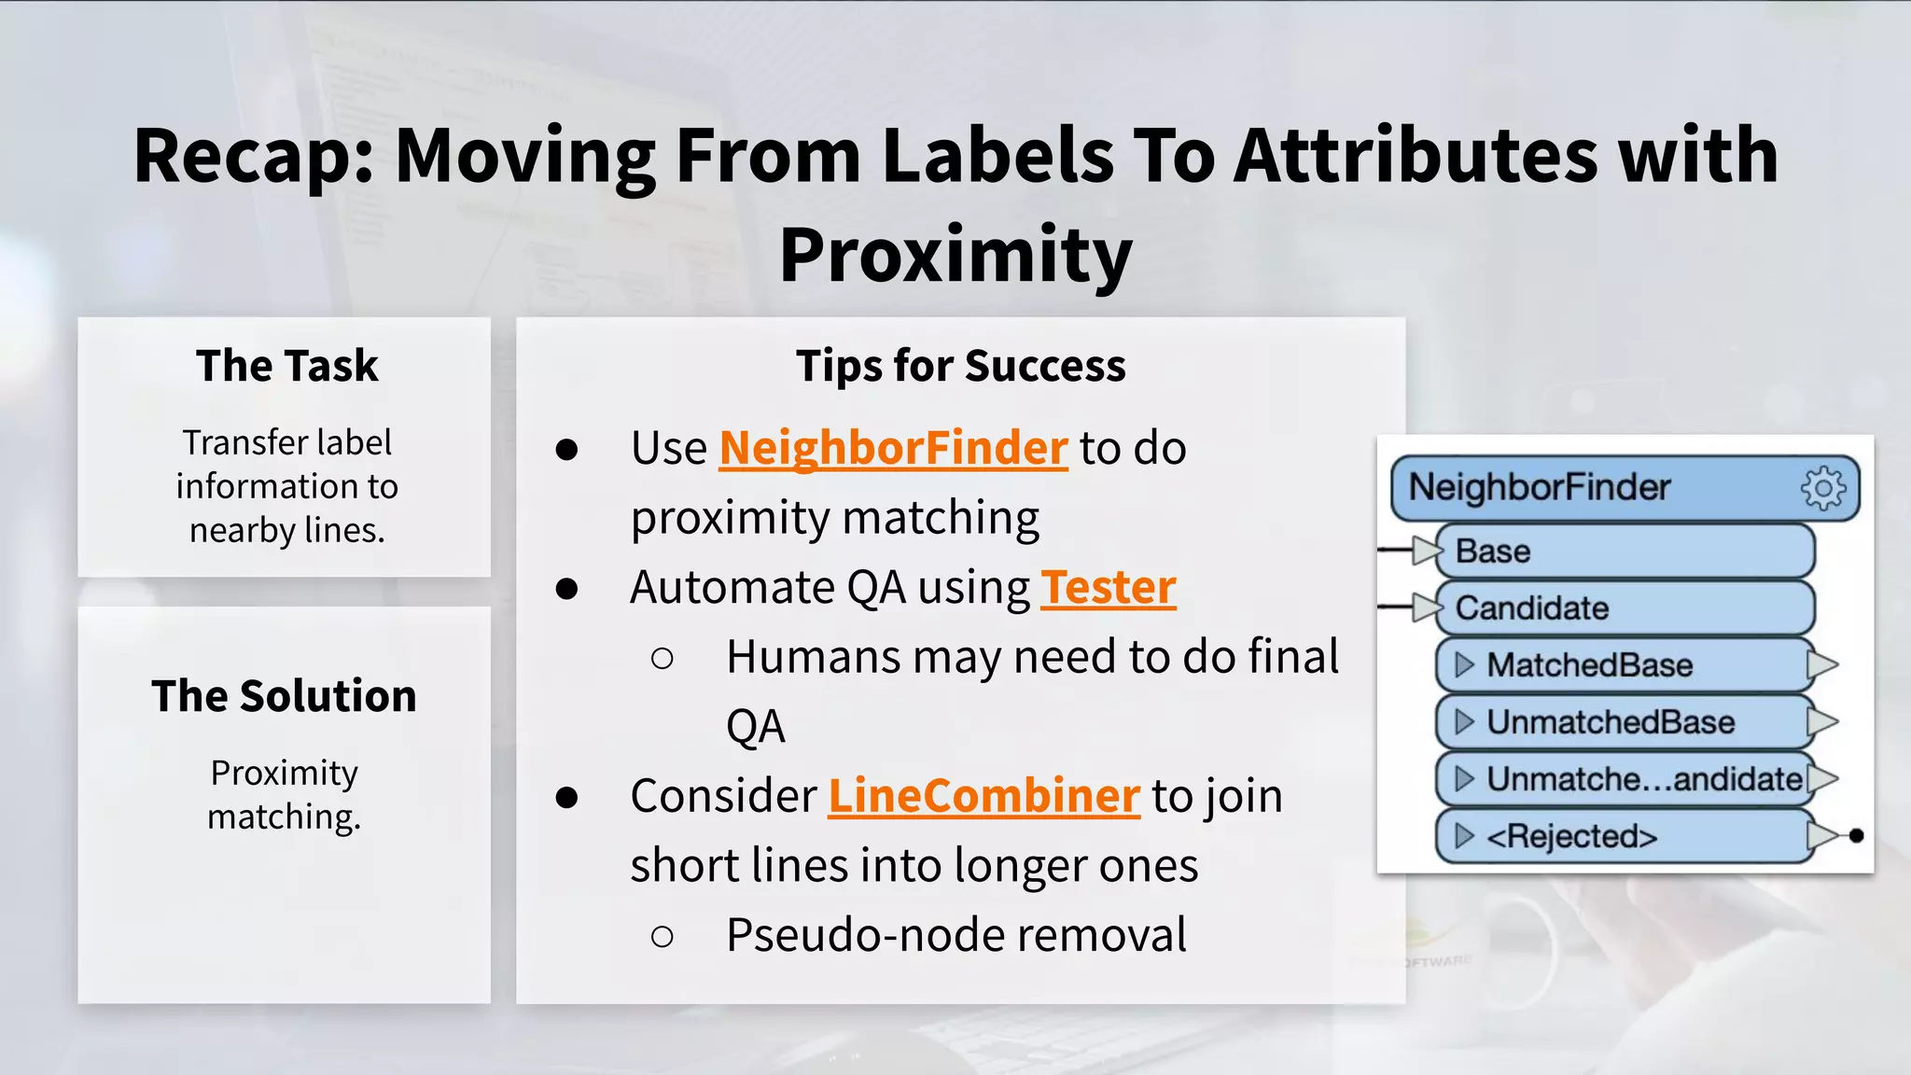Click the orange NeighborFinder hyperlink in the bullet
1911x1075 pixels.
coord(893,448)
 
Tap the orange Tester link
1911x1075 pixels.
coord(1108,588)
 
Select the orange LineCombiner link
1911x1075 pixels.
coord(983,796)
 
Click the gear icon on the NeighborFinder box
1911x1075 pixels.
coord(1822,488)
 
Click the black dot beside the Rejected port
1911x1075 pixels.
coord(1856,836)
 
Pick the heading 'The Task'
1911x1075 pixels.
coord(286,366)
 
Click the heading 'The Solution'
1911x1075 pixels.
coord(284,696)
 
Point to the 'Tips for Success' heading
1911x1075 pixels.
coord(960,366)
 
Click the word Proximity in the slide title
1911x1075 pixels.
coord(955,255)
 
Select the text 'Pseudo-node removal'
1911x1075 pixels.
coord(955,935)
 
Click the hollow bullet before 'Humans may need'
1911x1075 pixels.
coord(663,659)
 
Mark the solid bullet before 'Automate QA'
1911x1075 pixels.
coord(566,589)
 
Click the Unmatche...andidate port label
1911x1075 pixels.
coord(1642,779)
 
